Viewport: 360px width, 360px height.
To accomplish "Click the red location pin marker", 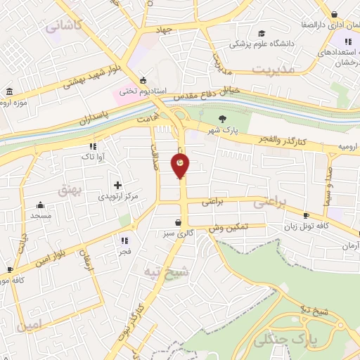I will pyautogui.click(x=180, y=166).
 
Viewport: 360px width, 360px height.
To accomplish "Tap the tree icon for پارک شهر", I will pyautogui.click(x=223, y=119).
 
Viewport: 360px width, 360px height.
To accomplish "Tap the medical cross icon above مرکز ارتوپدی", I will pyautogui.click(x=117, y=184).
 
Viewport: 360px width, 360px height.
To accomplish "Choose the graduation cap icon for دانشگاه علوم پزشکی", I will pyautogui.click(x=262, y=34).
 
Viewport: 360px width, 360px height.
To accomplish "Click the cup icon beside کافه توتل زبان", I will pyautogui.click(x=306, y=215).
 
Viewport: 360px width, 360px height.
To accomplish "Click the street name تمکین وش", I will pyautogui.click(x=229, y=229).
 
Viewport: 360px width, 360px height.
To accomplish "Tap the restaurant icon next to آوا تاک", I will pyautogui.click(x=91, y=146).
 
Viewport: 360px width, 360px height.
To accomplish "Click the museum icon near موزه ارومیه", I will pyautogui.click(x=9, y=93).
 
